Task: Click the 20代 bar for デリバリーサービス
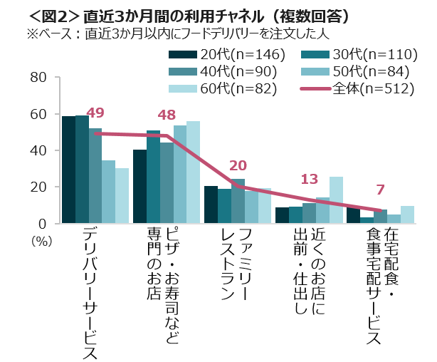point(68,170)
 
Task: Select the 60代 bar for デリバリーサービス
point(122,196)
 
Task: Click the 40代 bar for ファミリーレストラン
point(238,201)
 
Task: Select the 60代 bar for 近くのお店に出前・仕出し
point(337,200)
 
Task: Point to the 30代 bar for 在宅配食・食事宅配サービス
point(367,220)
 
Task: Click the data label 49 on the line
point(95,112)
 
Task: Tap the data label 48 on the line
point(167,115)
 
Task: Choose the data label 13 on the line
point(310,179)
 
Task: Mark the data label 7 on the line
point(380,190)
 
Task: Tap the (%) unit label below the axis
point(41,240)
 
